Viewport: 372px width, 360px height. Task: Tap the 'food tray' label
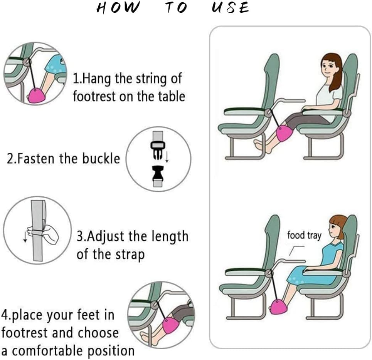coord(304,235)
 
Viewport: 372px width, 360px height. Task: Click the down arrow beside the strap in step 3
coord(25,236)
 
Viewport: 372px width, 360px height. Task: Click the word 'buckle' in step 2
coord(101,158)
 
